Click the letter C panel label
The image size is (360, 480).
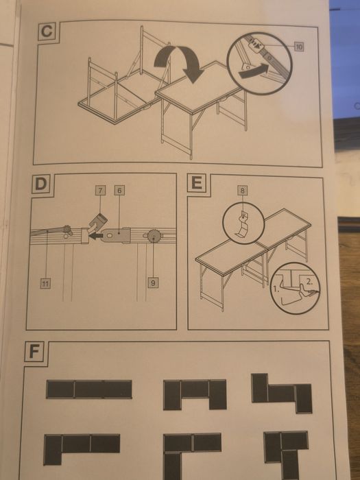tap(47, 32)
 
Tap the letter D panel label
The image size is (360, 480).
tap(40, 184)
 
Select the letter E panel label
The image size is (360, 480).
tap(197, 183)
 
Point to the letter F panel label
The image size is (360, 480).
tap(34, 352)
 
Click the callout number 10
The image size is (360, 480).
tap(299, 47)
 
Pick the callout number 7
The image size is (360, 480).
tap(100, 191)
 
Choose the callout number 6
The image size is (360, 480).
tap(119, 190)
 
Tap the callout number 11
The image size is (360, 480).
tap(45, 284)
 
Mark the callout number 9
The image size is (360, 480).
tap(153, 283)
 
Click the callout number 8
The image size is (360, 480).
tap(243, 191)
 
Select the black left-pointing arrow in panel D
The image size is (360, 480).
tap(95, 236)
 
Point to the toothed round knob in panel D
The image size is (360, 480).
tap(154, 236)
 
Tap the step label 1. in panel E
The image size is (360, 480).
tap(276, 289)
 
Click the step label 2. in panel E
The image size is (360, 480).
tap(309, 282)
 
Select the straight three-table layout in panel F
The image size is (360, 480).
tap(88, 389)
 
